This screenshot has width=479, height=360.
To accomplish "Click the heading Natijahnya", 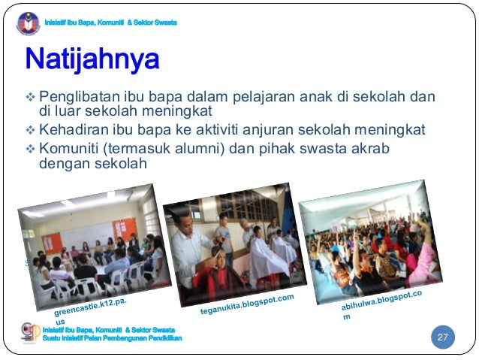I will tap(92, 59).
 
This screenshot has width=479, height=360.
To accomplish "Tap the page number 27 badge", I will tap(443, 337).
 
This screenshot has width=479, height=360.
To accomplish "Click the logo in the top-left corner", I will tap(29, 23).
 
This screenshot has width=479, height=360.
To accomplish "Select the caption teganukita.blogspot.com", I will tap(247, 304).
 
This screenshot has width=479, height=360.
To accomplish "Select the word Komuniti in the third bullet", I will tap(70, 148).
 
